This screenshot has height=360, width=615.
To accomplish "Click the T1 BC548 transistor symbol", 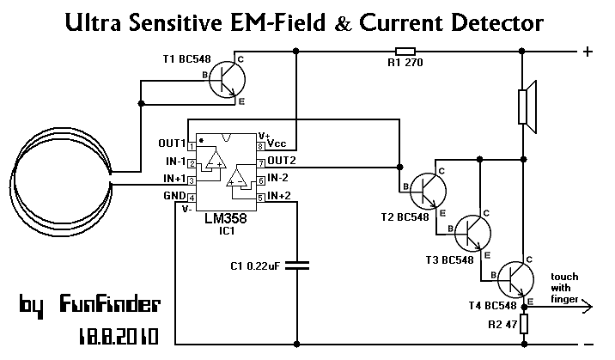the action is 227,80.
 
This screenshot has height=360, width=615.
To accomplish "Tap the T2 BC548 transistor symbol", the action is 428,191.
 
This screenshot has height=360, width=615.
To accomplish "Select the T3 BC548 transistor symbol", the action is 472,234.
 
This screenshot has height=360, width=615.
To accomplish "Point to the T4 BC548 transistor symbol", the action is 515,280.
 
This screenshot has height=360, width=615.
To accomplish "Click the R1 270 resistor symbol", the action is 405,51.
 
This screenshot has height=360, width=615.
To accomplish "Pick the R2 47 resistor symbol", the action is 524,324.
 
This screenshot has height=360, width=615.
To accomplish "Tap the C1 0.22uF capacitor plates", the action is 297,265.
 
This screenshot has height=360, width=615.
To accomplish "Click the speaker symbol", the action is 527,107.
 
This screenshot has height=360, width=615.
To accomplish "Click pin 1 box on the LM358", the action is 192,146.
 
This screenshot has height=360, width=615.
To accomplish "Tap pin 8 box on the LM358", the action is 261,146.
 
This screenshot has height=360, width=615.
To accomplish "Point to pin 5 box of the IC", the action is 261,198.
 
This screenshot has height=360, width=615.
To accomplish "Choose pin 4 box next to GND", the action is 192,198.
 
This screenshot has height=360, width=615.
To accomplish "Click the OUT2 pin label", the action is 282,161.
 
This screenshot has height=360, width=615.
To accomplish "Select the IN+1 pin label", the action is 174,179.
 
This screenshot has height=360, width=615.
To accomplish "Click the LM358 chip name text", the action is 226,218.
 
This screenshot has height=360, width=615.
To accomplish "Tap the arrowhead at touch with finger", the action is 587,306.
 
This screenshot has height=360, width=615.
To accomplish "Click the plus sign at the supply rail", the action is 588,52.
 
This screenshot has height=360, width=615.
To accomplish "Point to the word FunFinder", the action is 110,303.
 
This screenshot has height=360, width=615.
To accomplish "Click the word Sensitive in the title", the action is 176,22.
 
